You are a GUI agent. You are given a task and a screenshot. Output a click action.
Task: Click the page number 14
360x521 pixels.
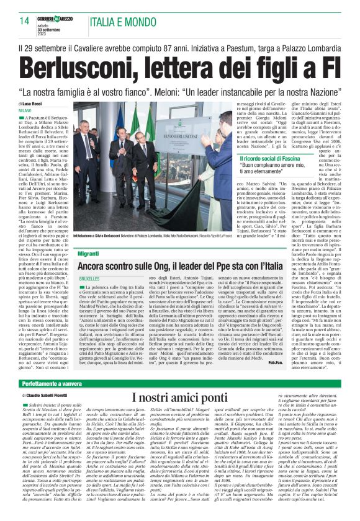point(25,21)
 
